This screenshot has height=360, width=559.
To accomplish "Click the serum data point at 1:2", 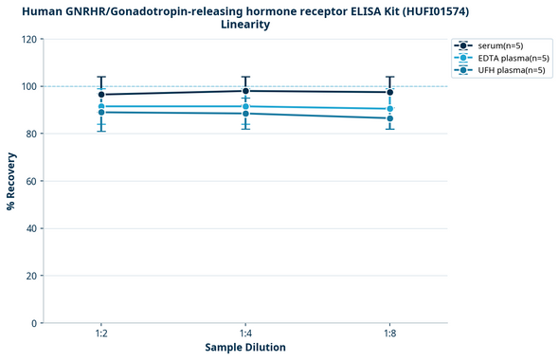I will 101,95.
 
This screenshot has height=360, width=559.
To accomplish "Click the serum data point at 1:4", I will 245,91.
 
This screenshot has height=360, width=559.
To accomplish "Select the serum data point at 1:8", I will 389,92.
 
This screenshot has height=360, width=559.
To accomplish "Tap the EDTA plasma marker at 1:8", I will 389,109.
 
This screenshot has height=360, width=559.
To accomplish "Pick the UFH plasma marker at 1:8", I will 389,118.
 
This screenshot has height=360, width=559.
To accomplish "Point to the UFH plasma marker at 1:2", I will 101,112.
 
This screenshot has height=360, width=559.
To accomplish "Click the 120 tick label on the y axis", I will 28,39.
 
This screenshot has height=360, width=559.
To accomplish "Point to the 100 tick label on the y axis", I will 28,86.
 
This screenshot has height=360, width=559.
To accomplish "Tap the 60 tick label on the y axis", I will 31,181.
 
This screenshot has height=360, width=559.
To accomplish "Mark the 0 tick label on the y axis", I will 34,323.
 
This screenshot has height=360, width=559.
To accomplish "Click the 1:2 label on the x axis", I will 101,334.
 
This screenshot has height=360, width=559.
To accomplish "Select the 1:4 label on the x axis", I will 245,334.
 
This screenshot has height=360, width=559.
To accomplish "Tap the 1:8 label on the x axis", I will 389,334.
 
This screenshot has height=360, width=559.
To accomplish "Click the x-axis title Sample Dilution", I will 245,348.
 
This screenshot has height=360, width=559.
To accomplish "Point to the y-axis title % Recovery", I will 11,181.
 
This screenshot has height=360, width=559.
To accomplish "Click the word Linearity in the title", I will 245,25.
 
